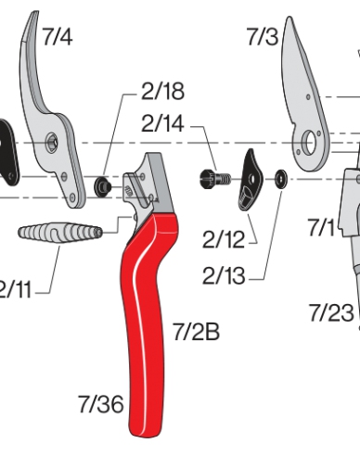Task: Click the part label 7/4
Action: pos(57,37)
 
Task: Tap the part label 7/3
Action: pos(262,37)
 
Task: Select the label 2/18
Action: pos(162,92)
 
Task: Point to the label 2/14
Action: pos(162,122)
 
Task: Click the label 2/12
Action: pos(223,241)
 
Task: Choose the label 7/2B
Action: pos(195,330)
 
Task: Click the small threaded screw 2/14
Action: pos(212,177)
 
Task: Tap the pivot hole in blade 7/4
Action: pos(54,142)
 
